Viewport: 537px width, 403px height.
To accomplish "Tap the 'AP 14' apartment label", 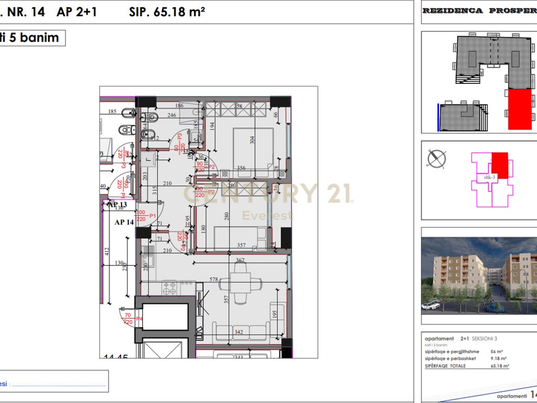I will click(x=124, y=222).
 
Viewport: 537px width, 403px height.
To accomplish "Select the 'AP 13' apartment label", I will click(x=117, y=205).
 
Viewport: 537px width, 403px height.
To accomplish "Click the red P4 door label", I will click(x=139, y=319).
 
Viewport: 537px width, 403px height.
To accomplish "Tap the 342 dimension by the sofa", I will click(x=238, y=333).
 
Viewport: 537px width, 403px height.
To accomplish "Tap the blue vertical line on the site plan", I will click(x=438, y=116).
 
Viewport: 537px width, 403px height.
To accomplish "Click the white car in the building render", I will click(x=431, y=305).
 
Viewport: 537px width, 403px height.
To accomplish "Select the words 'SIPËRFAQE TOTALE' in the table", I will click(x=445, y=366).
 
